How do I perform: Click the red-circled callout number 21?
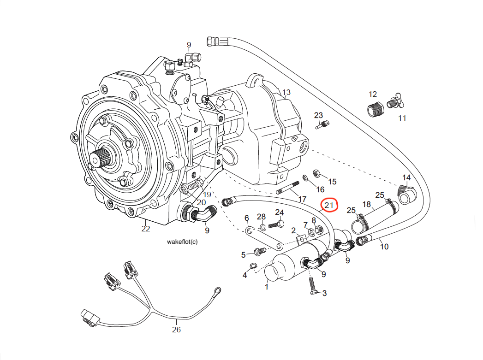click(x=329, y=205)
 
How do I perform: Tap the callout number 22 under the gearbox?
click(x=146, y=229)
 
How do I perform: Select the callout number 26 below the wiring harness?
click(x=176, y=330)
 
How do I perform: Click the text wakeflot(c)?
click(x=182, y=242)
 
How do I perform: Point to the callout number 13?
click(x=286, y=93)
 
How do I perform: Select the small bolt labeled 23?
click(x=324, y=124)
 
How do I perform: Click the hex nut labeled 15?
click(x=317, y=173)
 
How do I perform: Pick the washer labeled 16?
click(x=306, y=178)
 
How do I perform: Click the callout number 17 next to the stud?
click(x=302, y=200)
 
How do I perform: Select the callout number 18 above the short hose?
click(x=367, y=204)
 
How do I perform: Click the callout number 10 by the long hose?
click(x=384, y=247)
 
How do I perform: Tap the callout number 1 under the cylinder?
click(x=266, y=287)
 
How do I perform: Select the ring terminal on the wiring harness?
click(x=215, y=291)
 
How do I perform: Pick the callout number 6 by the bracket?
click(x=246, y=218)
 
